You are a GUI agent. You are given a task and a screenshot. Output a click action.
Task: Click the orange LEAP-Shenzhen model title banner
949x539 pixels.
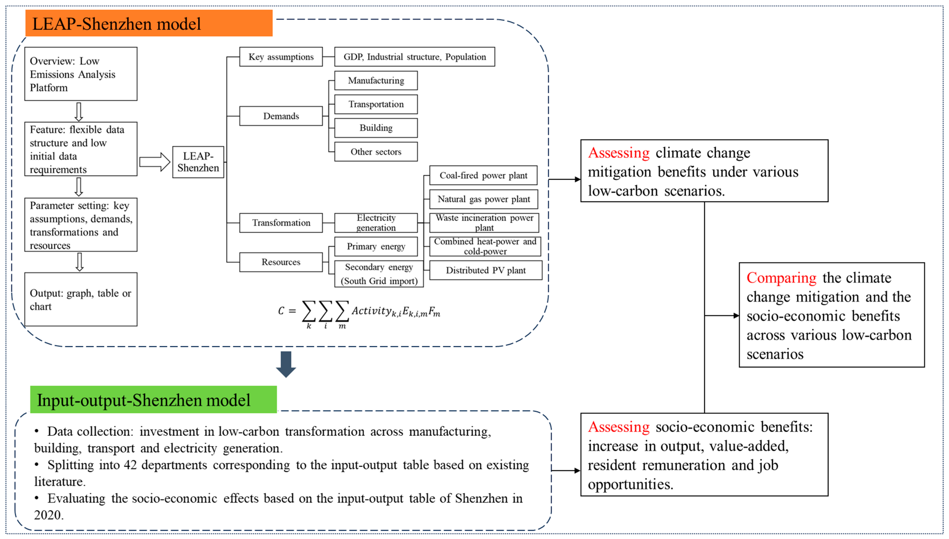pos(149,23)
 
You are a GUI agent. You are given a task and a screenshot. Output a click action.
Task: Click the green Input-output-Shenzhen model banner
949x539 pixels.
pos(153,400)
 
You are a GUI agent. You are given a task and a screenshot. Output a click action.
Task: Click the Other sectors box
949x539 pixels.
pos(376,152)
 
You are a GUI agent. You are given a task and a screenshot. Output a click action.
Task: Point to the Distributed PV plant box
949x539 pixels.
pos(485,270)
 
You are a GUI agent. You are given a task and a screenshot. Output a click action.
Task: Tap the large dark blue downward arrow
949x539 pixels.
pos(286,364)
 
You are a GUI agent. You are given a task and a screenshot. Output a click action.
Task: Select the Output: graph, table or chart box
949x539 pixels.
pos(81,300)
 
